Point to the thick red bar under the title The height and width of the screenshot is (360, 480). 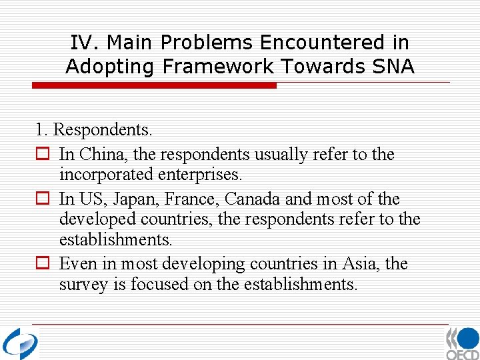click(154, 85)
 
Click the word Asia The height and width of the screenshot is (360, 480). click(358, 263)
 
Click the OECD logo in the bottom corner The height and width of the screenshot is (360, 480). click(462, 344)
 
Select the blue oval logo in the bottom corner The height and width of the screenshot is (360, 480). click(20, 344)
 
